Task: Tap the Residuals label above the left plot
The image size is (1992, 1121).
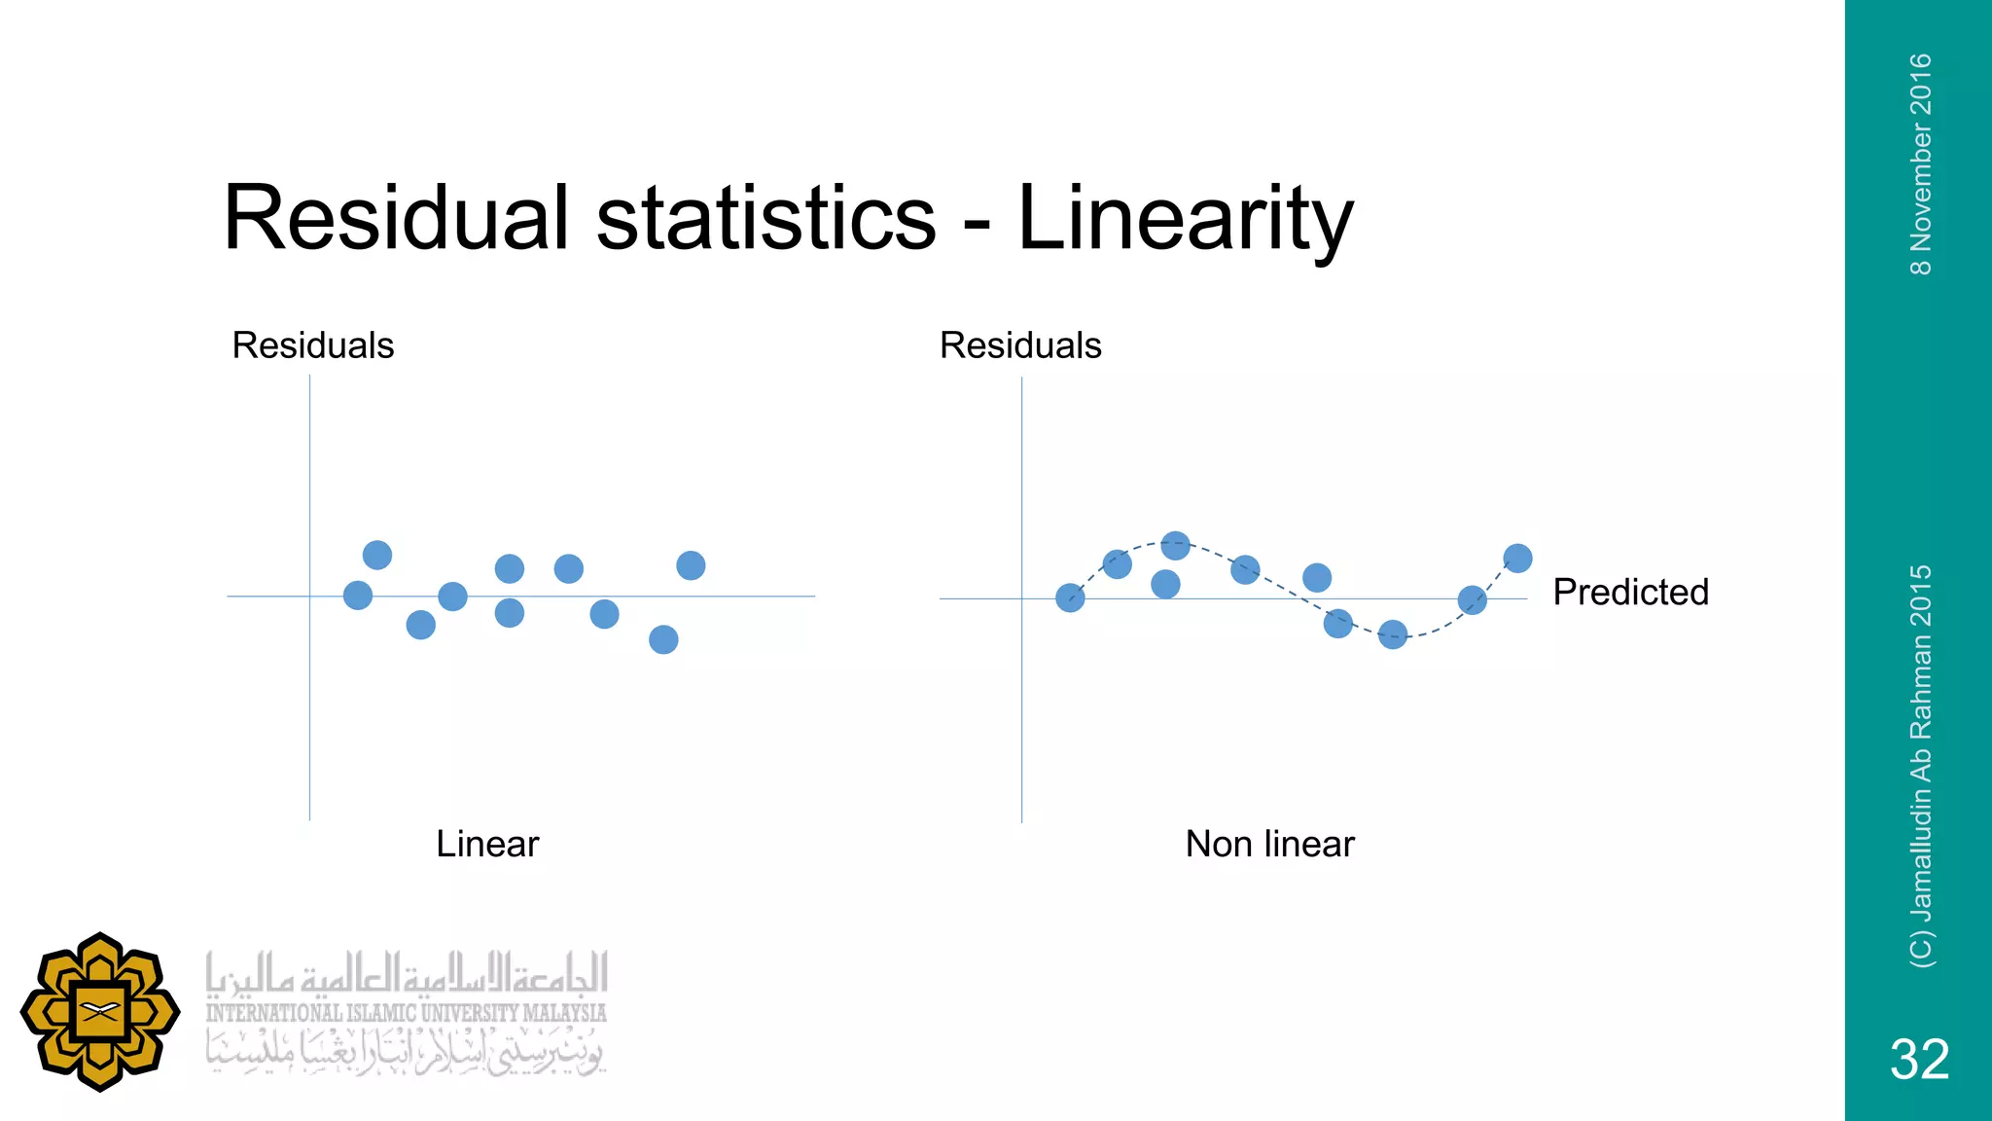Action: [312, 345]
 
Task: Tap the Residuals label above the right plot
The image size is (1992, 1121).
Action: [1020, 345]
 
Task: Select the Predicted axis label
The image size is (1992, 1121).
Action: [1630, 592]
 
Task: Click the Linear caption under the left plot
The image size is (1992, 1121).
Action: [486, 844]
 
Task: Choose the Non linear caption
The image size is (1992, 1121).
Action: [1269, 844]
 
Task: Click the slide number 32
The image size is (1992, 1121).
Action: [1919, 1059]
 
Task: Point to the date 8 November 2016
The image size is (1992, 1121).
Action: [1920, 163]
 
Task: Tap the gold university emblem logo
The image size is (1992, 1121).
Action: [99, 1011]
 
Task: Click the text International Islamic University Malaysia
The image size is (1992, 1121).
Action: [406, 1013]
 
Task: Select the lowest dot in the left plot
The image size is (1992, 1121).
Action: [663, 639]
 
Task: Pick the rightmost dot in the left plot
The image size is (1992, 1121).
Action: [691, 565]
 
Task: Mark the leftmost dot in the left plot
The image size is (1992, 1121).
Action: [358, 596]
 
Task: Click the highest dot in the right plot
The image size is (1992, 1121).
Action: [1175, 546]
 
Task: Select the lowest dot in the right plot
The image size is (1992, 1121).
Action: [1393, 635]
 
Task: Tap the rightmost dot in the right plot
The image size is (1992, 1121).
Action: [1517, 559]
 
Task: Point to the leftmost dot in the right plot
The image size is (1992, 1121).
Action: [1070, 597]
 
